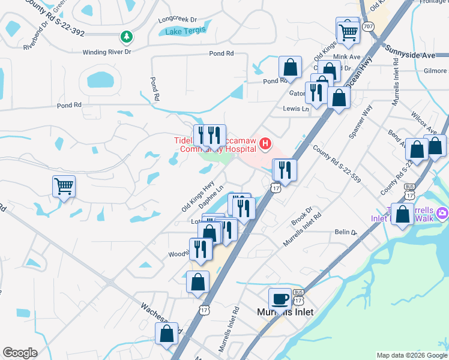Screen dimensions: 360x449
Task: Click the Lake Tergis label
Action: coord(185,31)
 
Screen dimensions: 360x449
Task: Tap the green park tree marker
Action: coord(126,38)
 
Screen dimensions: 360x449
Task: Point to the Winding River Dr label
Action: coord(107,52)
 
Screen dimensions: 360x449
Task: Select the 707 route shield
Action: coord(369,26)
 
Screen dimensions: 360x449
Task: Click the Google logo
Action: coord(20,353)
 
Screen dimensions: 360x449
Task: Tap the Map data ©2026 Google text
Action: coord(411,355)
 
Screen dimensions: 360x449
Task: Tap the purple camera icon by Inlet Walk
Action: coord(442,213)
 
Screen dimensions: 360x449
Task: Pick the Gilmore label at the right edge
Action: coord(435,71)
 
